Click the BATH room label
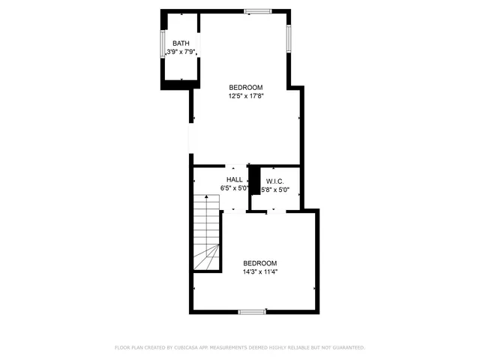[181, 43]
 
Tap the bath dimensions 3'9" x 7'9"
[181, 51]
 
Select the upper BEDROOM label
[245, 88]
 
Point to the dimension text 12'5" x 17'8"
[245, 96]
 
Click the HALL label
[235, 180]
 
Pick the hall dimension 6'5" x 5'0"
[234, 188]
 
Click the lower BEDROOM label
[259, 263]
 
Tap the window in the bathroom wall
[163, 44]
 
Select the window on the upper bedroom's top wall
[257, 11]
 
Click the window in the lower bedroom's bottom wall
[252, 310]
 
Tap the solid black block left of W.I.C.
[254, 179]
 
